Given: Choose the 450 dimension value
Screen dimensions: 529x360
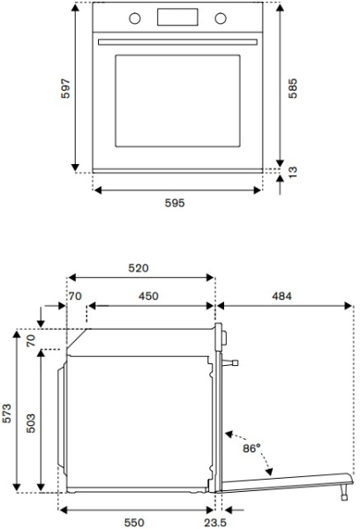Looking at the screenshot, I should click(x=148, y=296).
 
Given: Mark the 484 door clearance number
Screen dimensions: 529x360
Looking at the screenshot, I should click(x=281, y=296).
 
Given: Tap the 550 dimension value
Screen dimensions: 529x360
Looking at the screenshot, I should click(x=134, y=522).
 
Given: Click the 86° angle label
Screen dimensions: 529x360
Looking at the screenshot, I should click(x=251, y=449).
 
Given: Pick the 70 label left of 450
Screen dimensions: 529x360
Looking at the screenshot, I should click(x=75, y=296).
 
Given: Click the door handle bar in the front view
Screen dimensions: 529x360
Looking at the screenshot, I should click(x=176, y=41).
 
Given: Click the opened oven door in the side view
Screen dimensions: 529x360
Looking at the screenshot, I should click(x=282, y=480).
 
